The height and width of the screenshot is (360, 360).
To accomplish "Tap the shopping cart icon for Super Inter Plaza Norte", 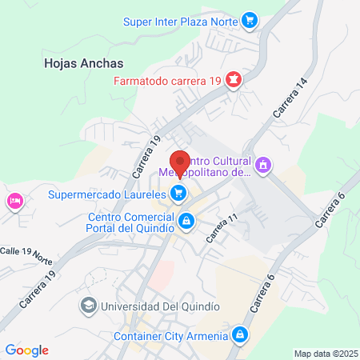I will click(x=250, y=21).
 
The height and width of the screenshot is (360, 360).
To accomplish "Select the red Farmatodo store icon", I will click(x=234, y=79).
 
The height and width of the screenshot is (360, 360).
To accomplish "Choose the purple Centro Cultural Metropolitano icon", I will click(x=265, y=166).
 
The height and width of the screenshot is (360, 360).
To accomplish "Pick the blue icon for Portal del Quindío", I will click(x=186, y=220).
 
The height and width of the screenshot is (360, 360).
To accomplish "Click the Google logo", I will click(x=26, y=350).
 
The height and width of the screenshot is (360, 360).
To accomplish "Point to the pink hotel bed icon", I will click(x=14, y=200).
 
